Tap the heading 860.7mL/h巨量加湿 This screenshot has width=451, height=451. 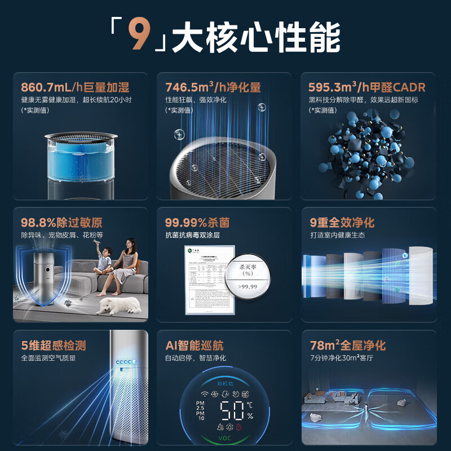(75, 87)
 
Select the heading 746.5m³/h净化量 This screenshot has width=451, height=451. (213, 87)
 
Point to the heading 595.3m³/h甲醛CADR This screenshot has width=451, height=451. (366, 87)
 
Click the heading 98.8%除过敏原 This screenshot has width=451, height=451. (62, 223)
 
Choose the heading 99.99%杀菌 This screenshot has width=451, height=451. (197, 223)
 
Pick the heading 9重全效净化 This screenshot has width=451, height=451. (342, 223)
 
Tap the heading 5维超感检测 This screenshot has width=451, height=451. (54, 346)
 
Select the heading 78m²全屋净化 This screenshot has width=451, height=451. (348, 346)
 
